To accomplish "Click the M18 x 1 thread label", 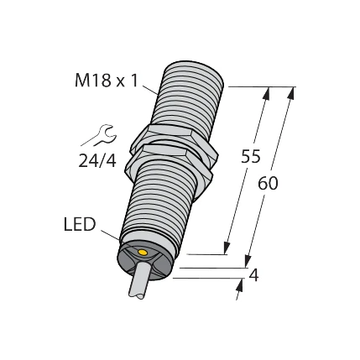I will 106,81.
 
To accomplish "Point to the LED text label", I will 80,225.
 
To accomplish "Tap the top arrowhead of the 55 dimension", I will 267,94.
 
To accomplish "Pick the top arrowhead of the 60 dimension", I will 291,93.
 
